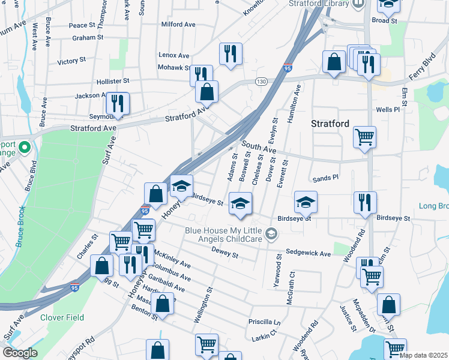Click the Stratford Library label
click(x=318, y=4)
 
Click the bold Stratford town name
click(x=330, y=124)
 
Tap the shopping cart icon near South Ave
click(x=364, y=137)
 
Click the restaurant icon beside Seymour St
click(x=118, y=103)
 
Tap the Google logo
click(x=20, y=353)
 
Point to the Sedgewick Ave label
click(x=308, y=254)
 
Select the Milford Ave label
click(x=178, y=25)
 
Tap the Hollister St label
click(x=113, y=80)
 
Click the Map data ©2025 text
click(x=423, y=355)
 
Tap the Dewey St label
click(x=226, y=255)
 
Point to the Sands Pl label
click(x=326, y=178)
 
